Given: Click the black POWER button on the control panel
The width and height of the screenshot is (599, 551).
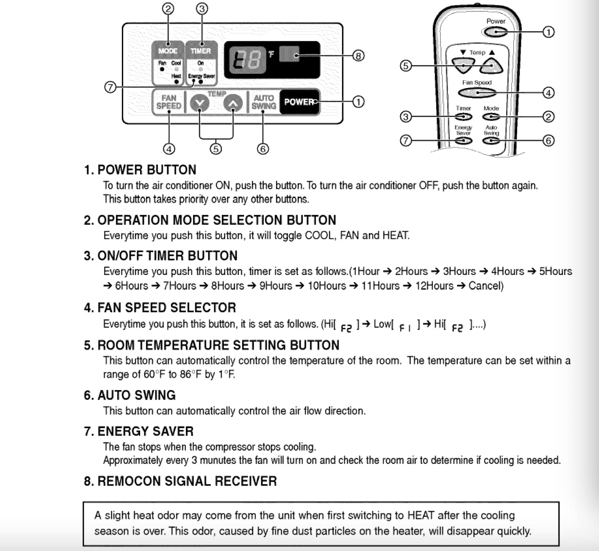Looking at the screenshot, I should tap(299, 102).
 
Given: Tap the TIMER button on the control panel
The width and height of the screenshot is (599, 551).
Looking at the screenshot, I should tap(201, 51).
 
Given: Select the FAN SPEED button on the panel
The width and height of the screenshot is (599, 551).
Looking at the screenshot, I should tap(169, 102).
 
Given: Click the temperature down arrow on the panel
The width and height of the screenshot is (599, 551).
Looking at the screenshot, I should tap(199, 103).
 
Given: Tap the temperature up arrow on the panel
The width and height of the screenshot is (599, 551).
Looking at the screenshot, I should tap(233, 103).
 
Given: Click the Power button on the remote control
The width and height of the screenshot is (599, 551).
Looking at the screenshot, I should tap(495, 32).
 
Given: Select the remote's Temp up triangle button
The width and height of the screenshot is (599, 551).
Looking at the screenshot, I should tap(492, 65).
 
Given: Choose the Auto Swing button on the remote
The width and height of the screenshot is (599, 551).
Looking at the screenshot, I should tap(491, 141).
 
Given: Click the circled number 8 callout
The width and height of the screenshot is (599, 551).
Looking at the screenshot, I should tap(358, 56).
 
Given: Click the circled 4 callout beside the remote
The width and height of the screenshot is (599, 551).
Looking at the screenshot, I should tap(548, 92).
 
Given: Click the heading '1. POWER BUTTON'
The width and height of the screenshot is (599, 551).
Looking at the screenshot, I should tap(140, 170).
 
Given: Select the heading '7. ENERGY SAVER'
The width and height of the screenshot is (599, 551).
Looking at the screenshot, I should tap(139, 431).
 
